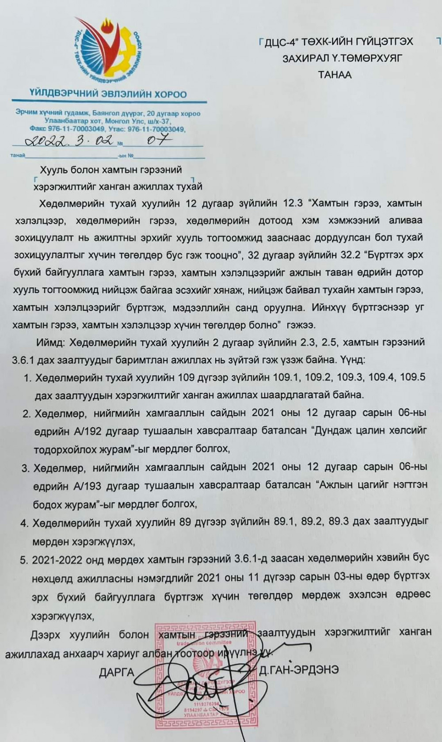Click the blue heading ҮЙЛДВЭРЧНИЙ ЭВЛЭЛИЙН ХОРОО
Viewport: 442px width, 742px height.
108,94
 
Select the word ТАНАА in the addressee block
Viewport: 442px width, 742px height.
335,75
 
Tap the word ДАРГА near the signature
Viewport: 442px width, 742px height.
117,672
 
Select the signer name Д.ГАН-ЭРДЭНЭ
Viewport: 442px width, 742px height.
299,670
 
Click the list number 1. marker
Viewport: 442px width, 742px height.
27,378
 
